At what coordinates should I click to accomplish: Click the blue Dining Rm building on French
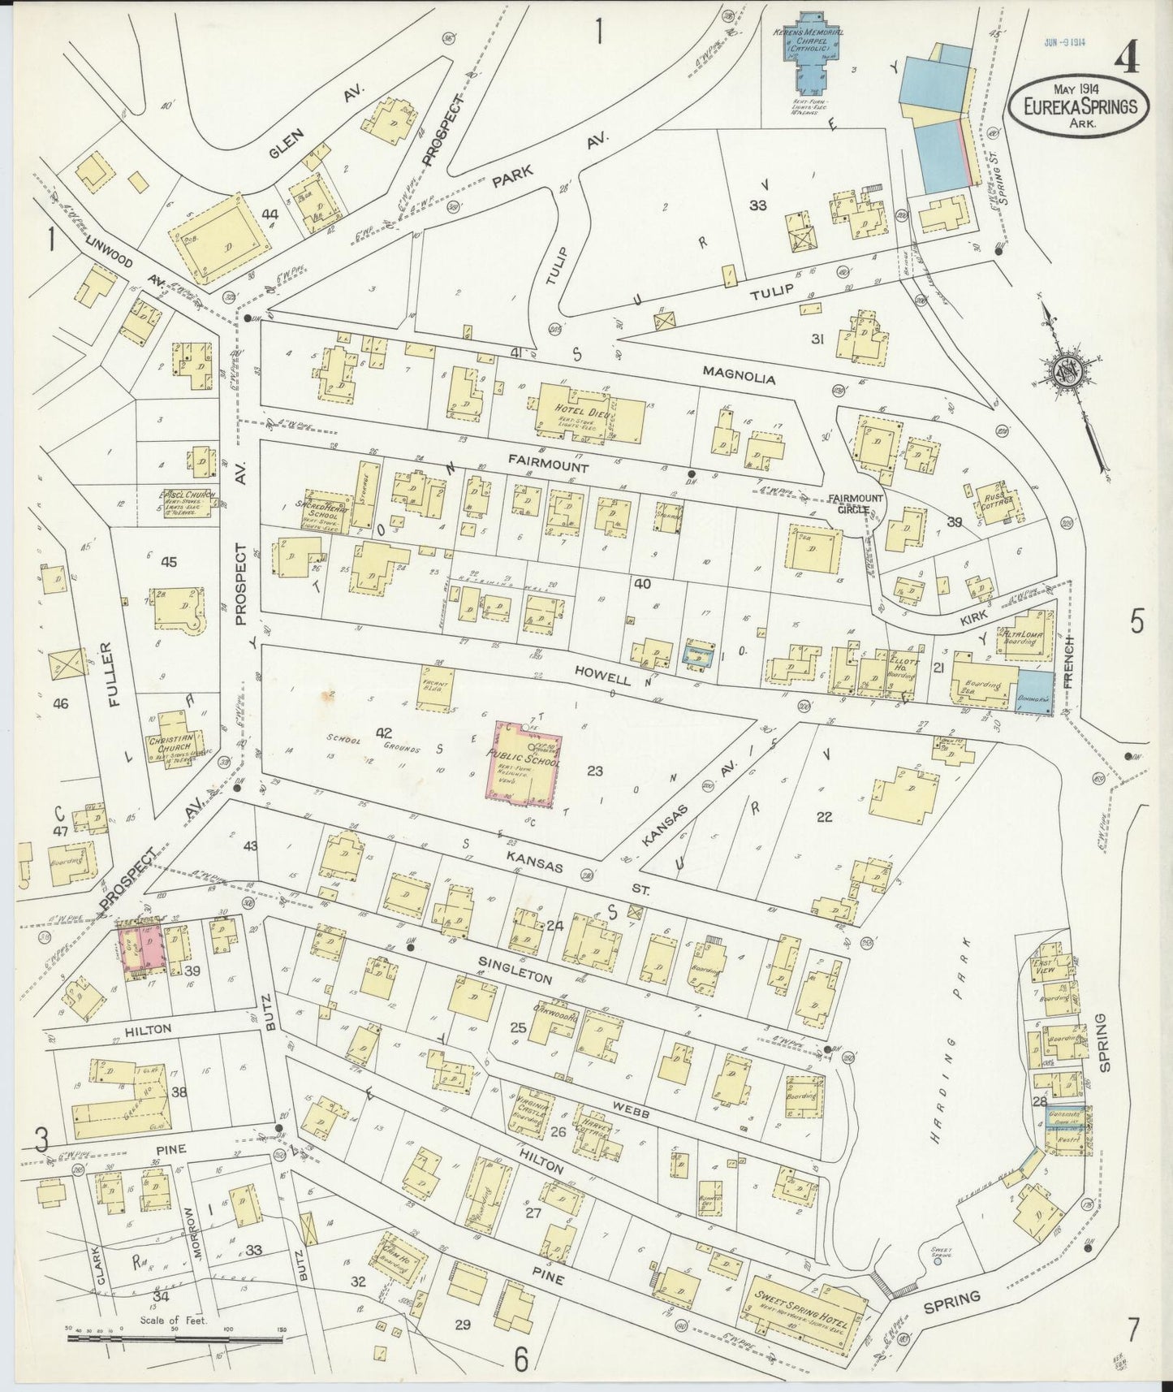point(1035,693)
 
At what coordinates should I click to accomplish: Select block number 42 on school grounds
point(384,733)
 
